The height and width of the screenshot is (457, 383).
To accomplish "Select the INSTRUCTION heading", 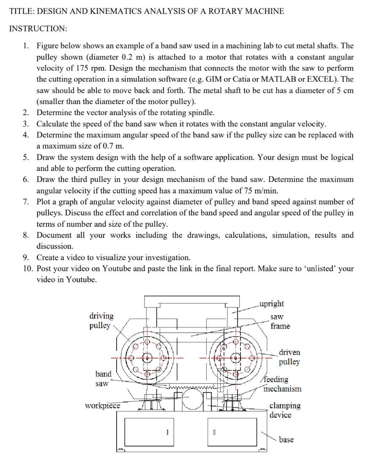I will [x=38, y=29].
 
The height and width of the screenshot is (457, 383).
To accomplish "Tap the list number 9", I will [x=27, y=258].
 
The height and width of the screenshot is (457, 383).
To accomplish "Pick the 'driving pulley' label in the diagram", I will [x=101, y=321].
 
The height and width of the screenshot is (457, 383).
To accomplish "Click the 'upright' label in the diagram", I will [x=271, y=304].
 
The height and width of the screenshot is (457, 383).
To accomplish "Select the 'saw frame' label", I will [x=280, y=322].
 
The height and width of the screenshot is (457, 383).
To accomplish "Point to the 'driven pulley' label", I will [x=290, y=357].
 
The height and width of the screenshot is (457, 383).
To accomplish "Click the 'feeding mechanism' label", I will [x=282, y=384].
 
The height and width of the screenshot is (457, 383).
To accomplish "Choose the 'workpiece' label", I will [x=102, y=406].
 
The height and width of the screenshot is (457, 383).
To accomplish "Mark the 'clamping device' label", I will [x=285, y=410].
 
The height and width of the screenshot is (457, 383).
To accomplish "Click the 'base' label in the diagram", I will [x=286, y=440].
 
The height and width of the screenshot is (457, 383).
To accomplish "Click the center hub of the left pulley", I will [x=147, y=357].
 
